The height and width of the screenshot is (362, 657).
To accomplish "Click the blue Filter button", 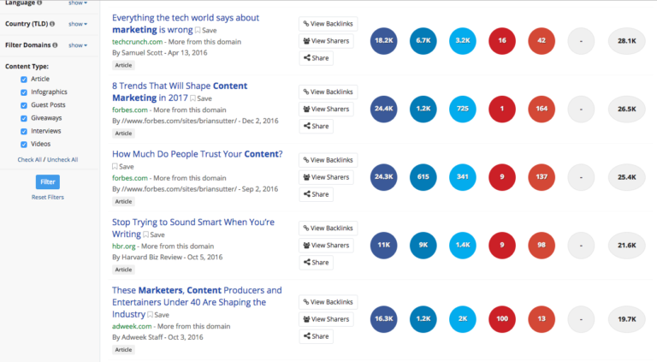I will pyautogui.click(x=48, y=181).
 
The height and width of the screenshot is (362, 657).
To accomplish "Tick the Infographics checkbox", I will pyautogui.click(x=24, y=92).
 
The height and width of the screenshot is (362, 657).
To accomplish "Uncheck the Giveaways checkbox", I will pyautogui.click(x=24, y=117).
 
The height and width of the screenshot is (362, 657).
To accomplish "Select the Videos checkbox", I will pyautogui.click(x=24, y=144).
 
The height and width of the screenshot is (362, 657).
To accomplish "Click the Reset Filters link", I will pyautogui.click(x=48, y=197).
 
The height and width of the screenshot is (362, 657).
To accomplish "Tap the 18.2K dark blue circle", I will pyautogui.click(x=384, y=41).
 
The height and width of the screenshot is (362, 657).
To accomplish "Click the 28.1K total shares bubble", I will pyautogui.click(x=626, y=41).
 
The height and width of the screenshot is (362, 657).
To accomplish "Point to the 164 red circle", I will pyautogui.click(x=542, y=109).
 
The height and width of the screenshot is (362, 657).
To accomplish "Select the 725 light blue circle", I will pyautogui.click(x=462, y=109).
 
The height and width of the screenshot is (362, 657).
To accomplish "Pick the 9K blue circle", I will pyautogui.click(x=423, y=245).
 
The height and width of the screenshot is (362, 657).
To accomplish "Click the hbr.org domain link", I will pyautogui.click(x=124, y=246).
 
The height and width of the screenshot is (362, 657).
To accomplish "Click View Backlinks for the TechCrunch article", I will pyautogui.click(x=328, y=23).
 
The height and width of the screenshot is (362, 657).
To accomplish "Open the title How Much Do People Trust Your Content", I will pyautogui.click(x=197, y=155).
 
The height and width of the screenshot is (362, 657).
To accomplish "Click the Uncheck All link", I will pyautogui.click(x=62, y=159).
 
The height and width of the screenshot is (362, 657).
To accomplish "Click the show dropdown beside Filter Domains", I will pyautogui.click(x=78, y=45).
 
